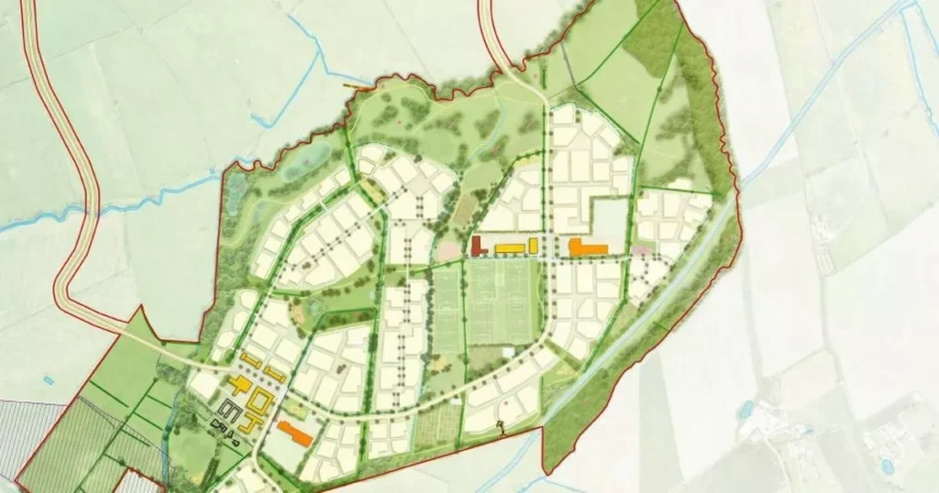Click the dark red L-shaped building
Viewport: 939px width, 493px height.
pyautogui.click(x=477, y=246)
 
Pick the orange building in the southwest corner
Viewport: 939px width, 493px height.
pyautogui.click(x=294, y=432)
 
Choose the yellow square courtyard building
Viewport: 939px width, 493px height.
pyautogui.click(x=260, y=400)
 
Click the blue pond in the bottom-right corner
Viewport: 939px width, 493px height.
pyautogui.click(x=887, y=467)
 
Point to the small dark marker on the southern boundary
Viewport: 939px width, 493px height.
pyautogui.click(x=501, y=425)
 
